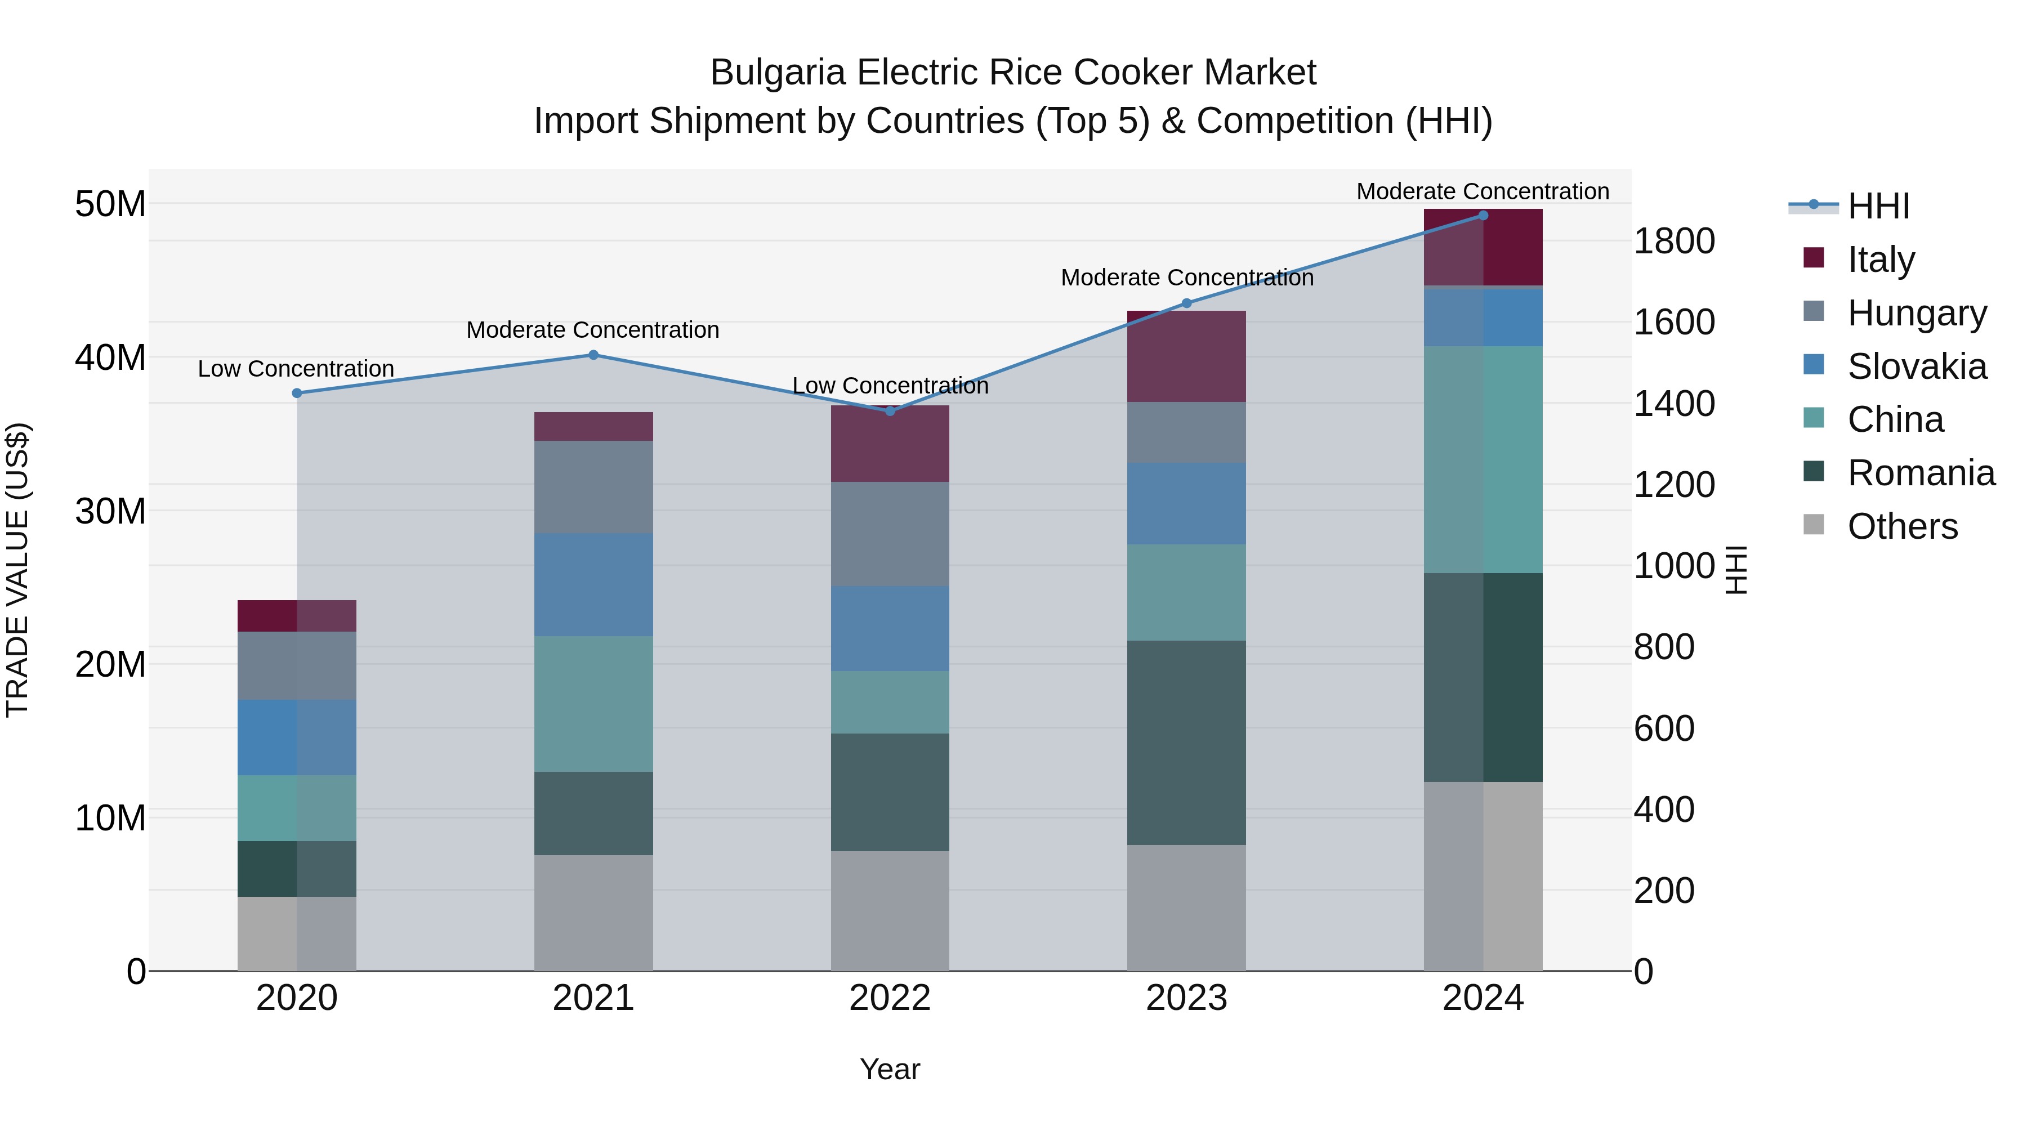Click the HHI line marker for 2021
593,355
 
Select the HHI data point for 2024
1483,216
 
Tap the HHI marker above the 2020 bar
297,394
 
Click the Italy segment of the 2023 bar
1186,356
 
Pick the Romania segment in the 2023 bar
1186,742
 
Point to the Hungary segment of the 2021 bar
593,486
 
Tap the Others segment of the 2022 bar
890,910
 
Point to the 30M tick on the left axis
110,511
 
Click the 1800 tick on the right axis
1675,241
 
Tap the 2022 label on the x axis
890,998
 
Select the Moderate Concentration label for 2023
1186,278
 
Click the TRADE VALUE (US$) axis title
17,570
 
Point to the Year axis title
890,1069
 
